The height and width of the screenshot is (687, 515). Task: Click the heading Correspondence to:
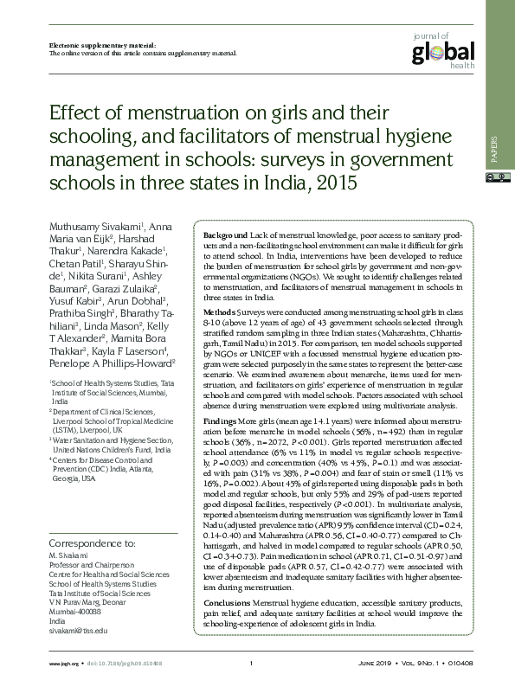click(94, 543)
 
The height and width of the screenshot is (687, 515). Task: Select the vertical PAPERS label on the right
click(494, 150)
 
